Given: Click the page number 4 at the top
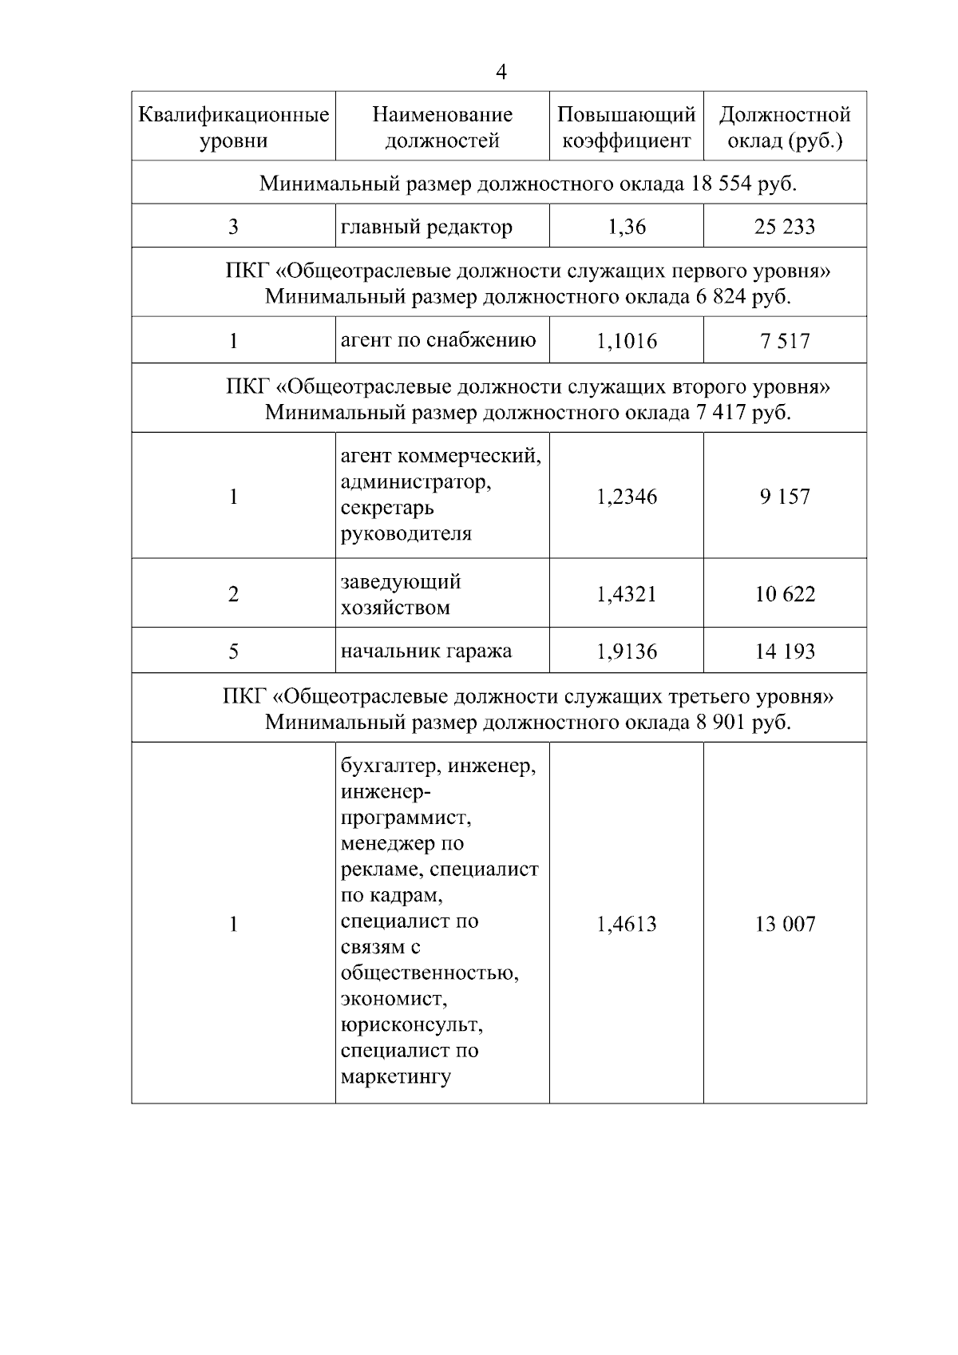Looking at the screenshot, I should [x=501, y=73].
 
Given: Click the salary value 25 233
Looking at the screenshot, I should [x=785, y=228].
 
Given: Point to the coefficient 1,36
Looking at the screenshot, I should [x=627, y=228].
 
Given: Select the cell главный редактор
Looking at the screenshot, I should [x=426, y=228].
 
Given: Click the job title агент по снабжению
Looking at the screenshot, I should [x=438, y=341].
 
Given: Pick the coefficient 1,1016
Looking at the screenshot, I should [x=627, y=342].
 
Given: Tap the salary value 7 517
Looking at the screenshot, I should [x=785, y=342].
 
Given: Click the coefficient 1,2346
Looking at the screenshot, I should [x=627, y=497].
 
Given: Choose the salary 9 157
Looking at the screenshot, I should [x=785, y=497].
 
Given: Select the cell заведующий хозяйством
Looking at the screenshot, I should [x=401, y=594].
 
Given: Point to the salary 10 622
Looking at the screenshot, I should [x=785, y=594].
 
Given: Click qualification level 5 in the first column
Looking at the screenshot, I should [x=233, y=652].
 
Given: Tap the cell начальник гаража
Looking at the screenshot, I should [x=426, y=652].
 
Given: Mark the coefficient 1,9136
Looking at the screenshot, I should [x=627, y=652].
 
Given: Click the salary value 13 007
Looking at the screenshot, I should [x=785, y=925].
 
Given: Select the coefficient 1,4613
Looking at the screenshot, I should [x=627, y=925].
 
